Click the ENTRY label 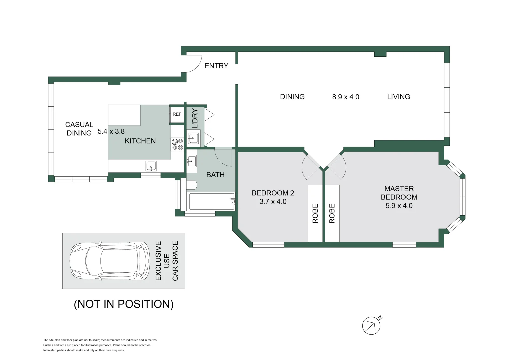click(x=216, y=66)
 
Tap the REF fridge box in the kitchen click(x=177, y=114)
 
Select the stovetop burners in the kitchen click(x=177, y=144)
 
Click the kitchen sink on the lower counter click(x=151, y=166)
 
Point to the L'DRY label click(x=195, y=118)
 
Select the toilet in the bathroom click(x=192, y=185)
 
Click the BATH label click(x=215, y=175)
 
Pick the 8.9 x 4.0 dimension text click(x=345, y=97)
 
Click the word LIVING click(x=398, y=97)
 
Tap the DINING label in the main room click(x=292, y=97)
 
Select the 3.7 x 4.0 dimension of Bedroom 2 click(x=273, y=202)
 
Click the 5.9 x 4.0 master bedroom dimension click(x=399, y=206)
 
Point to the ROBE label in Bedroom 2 click(x=315, y=213)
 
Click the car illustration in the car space click(x=110, y=260)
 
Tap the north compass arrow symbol click(x=371, y=325)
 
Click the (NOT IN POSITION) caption click(x=124, y=304)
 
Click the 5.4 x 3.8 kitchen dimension click(x=111, y=132)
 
